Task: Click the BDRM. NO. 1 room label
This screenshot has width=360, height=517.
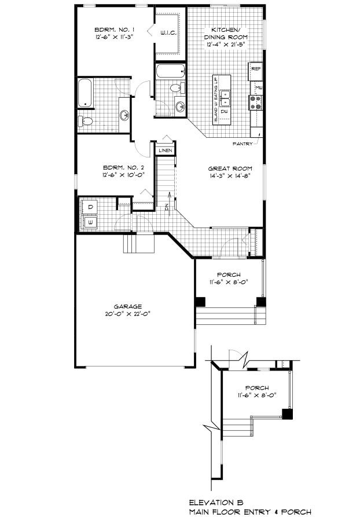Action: (115, 29)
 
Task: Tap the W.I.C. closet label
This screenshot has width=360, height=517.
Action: (168, 34)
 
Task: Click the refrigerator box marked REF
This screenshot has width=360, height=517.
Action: (256, 69)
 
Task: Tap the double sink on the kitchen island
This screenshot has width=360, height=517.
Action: (228, 99)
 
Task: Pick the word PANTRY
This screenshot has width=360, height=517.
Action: (242, 143)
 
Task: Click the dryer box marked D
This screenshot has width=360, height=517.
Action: (91, 207)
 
